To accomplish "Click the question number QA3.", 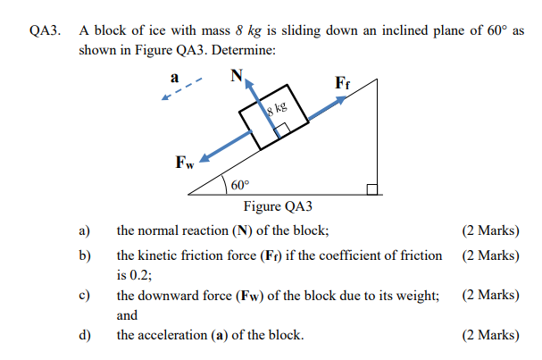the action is pos(44,30).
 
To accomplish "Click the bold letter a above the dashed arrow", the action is pos(175,76).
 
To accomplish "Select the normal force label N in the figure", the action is pos(236,76).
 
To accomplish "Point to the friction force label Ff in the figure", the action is pos(342,83).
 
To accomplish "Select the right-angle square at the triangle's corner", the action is pos(372,188).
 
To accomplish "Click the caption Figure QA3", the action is pos(278,208).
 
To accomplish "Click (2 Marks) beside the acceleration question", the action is pos(490,335).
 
